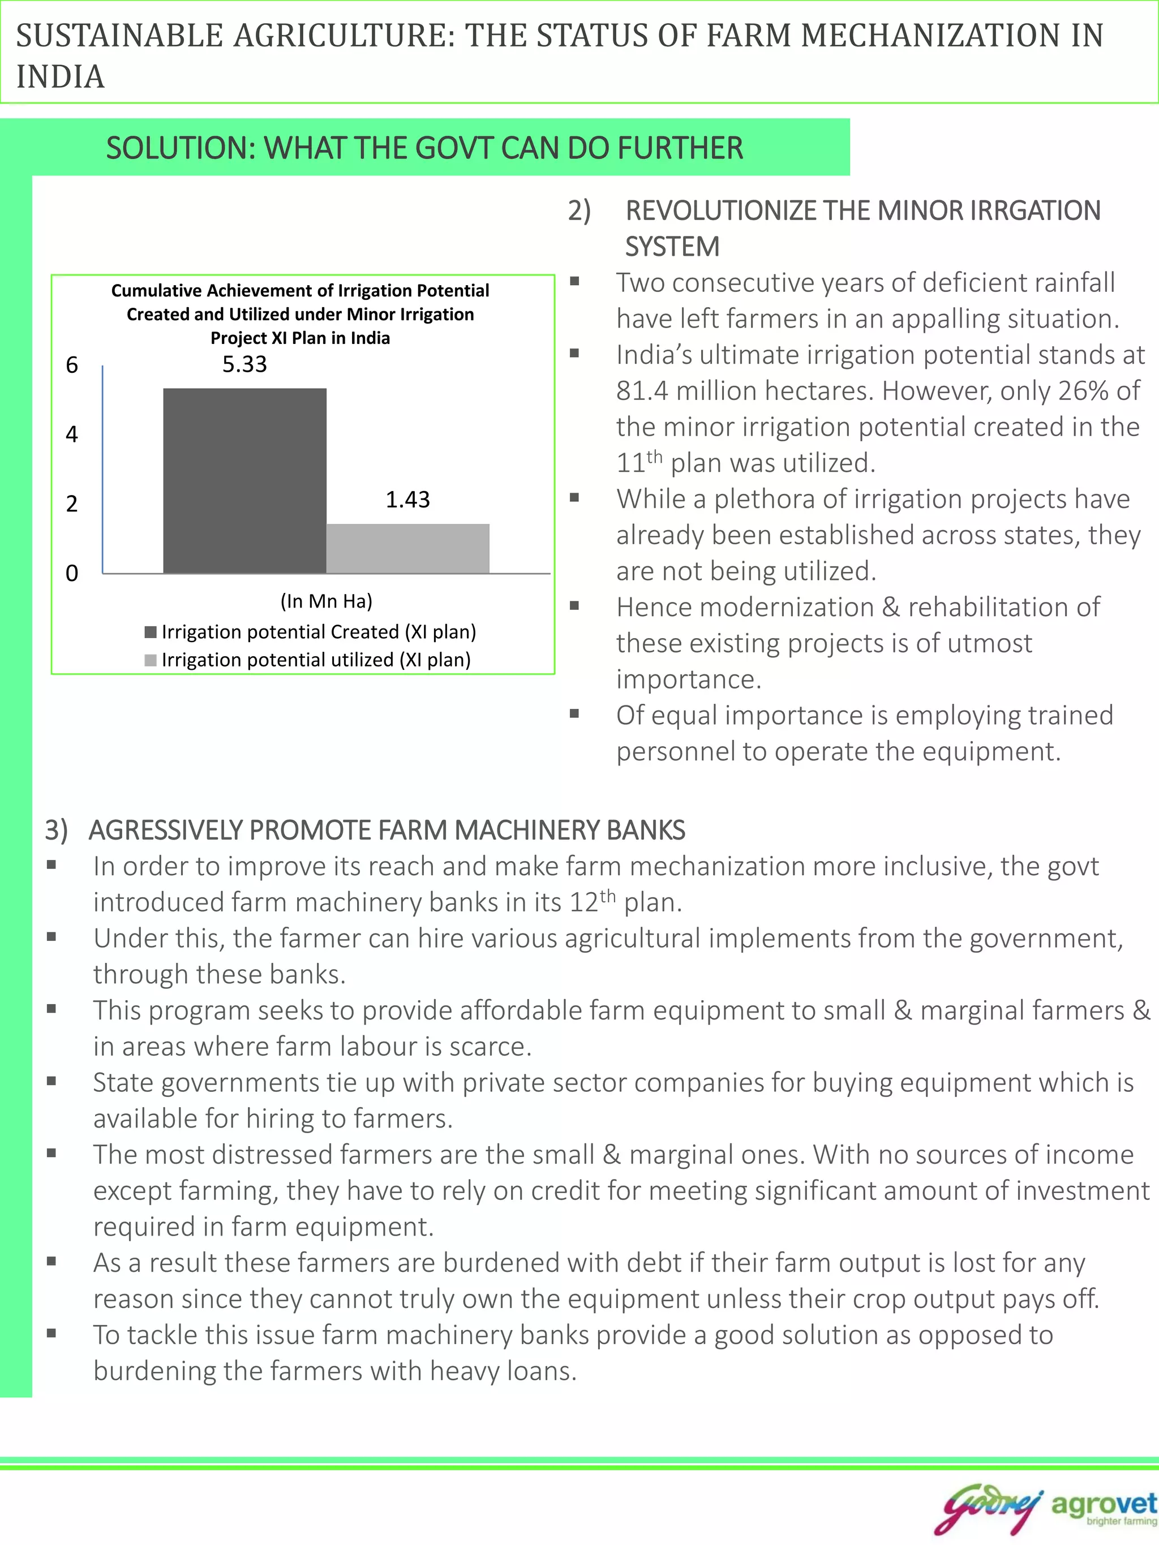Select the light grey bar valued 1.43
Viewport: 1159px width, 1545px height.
pos(408,548)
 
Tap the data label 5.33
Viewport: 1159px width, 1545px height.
pos(244,364)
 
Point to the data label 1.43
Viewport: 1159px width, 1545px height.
pos(408,500)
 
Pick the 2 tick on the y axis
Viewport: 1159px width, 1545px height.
pos(72,503)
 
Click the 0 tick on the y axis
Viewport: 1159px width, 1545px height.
pos(72,574)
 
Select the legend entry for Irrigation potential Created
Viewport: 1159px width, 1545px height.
pos(311,632)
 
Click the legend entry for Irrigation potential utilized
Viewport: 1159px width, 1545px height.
pos(308,660)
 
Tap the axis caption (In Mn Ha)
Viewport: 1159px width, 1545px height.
pos(327,601)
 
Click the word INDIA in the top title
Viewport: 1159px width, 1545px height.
pos(61,77)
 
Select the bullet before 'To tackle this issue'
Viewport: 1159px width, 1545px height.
pos(51,1333)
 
